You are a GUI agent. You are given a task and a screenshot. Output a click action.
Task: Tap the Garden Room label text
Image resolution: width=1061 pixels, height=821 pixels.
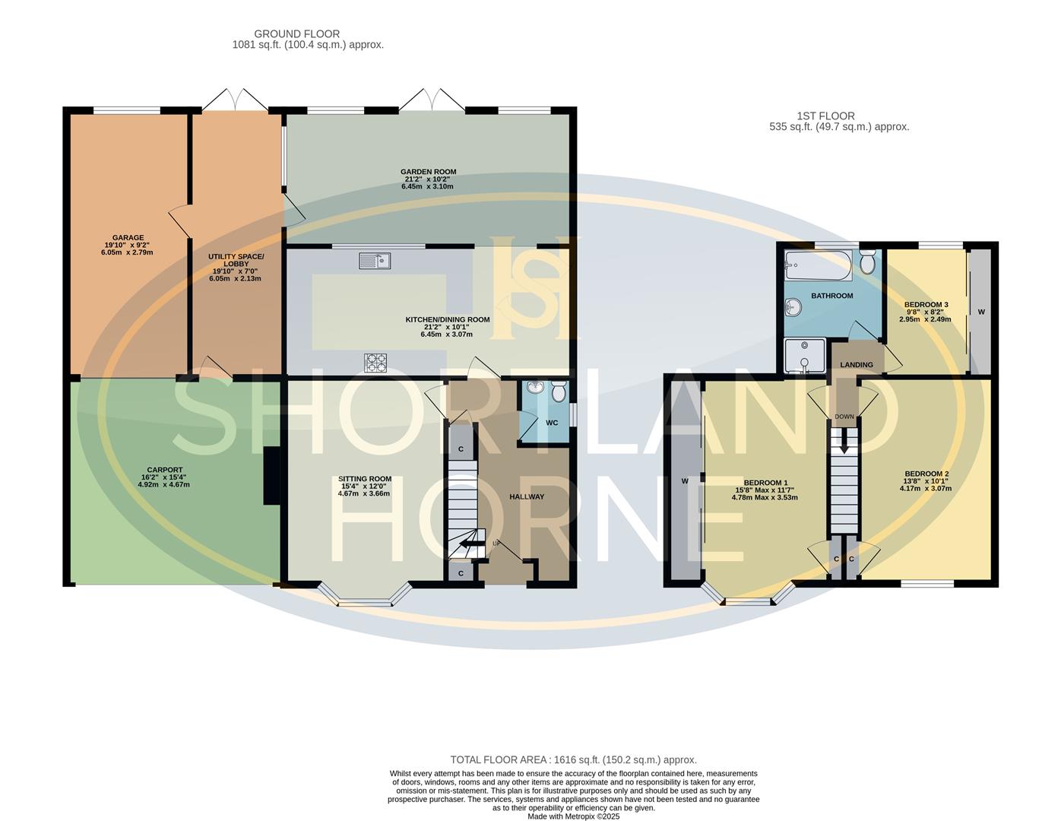point(429,173)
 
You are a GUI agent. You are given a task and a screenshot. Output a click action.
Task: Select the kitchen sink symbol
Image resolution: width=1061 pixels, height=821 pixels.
point(374,261)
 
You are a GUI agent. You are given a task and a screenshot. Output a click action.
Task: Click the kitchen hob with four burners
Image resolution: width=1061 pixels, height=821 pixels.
point(376,363)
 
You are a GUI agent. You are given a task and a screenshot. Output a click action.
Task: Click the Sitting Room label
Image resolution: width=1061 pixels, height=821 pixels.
point(364,480)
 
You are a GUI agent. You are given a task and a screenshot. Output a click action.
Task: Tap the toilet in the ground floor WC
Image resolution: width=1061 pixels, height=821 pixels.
point(559,391)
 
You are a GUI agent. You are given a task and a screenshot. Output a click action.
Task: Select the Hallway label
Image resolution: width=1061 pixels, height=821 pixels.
point(527,497)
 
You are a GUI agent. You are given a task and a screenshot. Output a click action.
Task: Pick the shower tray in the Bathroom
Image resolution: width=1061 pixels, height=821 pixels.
point(804,356)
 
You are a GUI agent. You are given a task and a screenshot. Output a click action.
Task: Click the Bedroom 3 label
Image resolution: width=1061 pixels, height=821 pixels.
point(925,305)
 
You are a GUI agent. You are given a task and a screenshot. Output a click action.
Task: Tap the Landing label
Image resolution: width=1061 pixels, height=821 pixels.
point(856,365)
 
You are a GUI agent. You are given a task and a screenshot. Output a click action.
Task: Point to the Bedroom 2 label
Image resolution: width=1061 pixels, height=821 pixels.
point(926,474)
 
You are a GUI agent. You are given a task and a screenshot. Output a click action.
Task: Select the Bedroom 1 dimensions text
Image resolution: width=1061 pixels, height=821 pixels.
point(765,494)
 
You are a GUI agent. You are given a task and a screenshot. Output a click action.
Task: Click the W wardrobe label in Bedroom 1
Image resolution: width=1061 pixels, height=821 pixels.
point(684,481)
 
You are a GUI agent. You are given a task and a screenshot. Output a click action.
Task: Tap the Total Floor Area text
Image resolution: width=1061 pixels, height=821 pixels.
point(573,759)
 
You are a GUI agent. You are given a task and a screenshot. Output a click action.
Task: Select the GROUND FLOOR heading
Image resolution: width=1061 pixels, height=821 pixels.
point(296,34)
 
